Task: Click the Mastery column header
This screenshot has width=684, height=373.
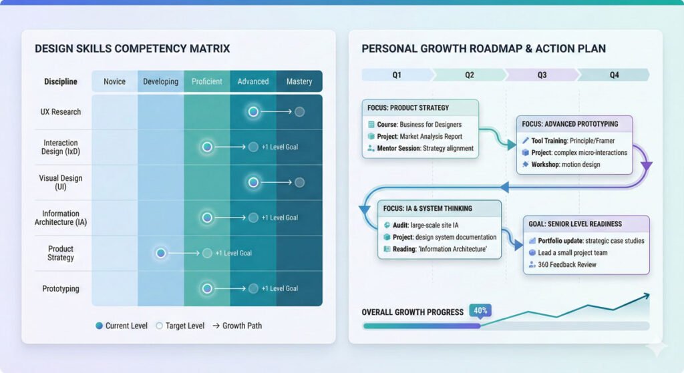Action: point(299,81)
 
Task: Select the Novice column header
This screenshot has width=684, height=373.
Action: point(114,81)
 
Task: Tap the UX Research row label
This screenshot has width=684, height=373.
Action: point(61,112)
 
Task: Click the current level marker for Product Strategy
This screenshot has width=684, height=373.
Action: point(160,253)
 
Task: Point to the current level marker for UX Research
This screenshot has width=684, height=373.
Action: point(253,111)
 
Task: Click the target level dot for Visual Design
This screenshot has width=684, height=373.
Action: point(299,182)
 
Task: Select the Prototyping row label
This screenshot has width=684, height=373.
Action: point(61,289)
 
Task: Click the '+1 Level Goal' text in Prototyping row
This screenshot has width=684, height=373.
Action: point(279,289)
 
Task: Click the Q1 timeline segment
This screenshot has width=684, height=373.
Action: point(397,75)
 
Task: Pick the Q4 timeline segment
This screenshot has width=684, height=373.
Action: point(614,75)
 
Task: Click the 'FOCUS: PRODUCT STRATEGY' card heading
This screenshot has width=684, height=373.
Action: point(408,108)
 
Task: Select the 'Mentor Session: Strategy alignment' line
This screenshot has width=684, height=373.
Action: point(423,148)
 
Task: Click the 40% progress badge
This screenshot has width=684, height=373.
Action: point(480,310)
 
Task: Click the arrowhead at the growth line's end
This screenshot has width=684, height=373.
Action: point(646,295)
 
